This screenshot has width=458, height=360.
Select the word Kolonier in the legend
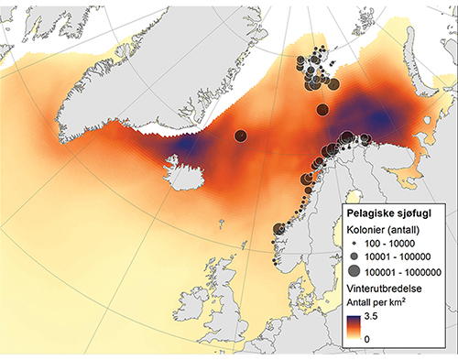[365, 229]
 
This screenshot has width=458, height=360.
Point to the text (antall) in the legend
[411, 229]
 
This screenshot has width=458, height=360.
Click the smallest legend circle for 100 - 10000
[354, 245]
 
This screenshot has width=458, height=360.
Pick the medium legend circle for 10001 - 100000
[354, 258]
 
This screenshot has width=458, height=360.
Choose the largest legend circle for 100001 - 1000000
[354, 272]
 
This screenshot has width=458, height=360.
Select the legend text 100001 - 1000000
[407, 272]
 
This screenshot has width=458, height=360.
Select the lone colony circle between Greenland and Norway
[240, 136]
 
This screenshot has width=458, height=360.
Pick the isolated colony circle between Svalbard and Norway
[322, 110]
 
